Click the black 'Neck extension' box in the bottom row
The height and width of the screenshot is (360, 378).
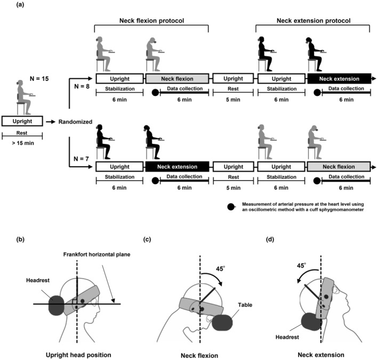click(x=177, y=167)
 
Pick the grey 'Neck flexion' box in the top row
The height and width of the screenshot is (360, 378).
click(x=177, y=78)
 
